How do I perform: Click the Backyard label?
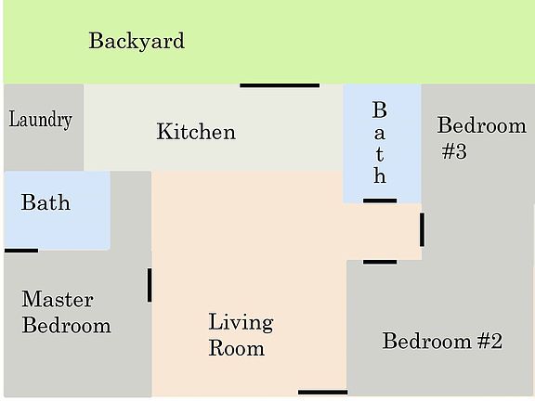137,41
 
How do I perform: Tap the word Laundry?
41,120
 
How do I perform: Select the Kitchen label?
196,132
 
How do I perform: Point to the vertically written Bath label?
379,142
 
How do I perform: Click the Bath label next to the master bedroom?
46,202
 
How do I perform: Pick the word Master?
58,300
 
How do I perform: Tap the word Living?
241,323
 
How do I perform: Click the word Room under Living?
236,349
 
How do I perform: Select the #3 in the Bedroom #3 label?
454,151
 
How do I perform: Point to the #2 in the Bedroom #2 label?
490,342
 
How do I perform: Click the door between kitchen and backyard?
280,85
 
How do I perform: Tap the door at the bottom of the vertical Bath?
380,200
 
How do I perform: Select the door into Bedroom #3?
422,229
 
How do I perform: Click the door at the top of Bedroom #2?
380,262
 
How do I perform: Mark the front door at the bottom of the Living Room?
322,393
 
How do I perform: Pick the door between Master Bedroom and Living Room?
150,285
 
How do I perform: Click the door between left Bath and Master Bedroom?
21,250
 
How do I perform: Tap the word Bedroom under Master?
66,326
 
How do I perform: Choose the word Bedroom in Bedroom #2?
427,342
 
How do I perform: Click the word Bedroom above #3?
481,125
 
